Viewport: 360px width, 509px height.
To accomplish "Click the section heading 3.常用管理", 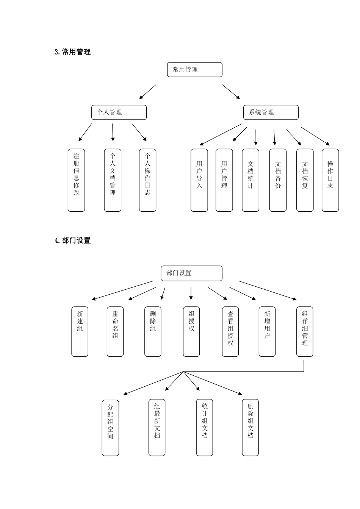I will click(73, 52).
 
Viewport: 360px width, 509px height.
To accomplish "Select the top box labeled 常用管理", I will click(194, 70).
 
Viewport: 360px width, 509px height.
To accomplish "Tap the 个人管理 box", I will click(119, 112).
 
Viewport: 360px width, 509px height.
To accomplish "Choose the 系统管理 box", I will click(271, 112).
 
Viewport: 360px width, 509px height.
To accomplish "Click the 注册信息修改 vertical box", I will click(76, 180).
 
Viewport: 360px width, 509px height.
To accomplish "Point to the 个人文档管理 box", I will click(113, 180).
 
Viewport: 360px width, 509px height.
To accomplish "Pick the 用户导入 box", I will click(199, 180).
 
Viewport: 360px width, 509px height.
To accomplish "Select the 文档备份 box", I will click(278, 180).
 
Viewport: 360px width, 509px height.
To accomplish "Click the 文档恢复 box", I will click(305, 180).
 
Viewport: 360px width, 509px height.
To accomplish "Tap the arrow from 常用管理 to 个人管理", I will click(148, 92).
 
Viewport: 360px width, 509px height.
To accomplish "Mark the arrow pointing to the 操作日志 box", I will click(315, 136).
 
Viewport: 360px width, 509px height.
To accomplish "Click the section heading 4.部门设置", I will click(73, 240).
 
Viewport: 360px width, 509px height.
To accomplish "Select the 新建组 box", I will click(80, 331).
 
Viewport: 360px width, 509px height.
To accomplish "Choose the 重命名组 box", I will click(115, 331).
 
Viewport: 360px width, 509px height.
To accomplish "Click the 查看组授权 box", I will click(230, 331).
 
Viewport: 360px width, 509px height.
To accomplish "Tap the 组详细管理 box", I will click(305, 331).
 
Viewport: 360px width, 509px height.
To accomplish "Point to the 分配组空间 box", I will click(110, 428).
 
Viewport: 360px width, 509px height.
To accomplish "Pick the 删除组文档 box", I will click(250, 428).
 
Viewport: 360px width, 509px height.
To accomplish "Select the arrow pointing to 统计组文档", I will click(191, 381).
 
